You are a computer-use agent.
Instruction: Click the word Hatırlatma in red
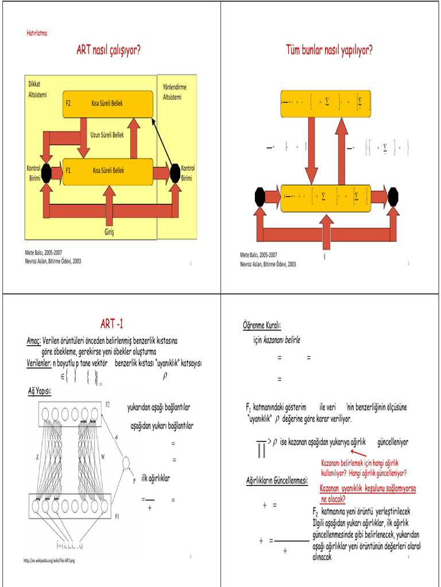(37, 33)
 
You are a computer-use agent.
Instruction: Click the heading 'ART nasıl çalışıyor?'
(109, 50)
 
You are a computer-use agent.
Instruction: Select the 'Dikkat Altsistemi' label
(37, 89)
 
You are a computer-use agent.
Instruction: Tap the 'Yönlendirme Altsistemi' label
(175, 92)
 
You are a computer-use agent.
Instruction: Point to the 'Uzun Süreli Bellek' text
(107, 135)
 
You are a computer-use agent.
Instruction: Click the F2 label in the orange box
(68, 104)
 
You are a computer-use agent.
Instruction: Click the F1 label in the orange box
(68, 170)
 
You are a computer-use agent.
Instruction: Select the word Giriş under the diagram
(109, 232)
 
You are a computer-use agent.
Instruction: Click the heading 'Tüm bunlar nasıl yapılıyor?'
(329, 50)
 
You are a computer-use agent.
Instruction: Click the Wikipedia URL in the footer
(49, 560)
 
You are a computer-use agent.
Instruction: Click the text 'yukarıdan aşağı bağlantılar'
(158, 408)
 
